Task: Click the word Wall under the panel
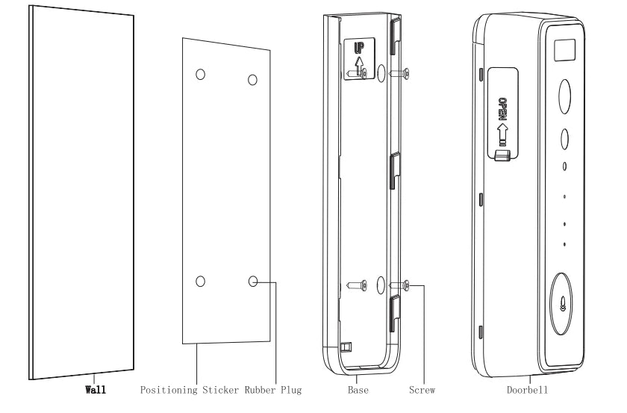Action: [93, 389]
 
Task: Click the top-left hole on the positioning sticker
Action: [200, 75]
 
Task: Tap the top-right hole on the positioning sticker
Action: [252, 80]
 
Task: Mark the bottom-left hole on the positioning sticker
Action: [200, 281]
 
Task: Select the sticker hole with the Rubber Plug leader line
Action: [253, 282]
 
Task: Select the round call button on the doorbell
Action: [564, 305]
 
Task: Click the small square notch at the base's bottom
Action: [345, 347]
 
